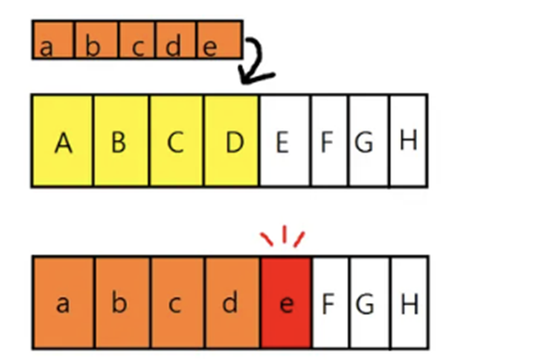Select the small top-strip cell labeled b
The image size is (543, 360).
click(x=95, y=40)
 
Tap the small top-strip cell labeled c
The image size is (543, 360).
click(x=136, y=40)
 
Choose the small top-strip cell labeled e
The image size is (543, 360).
click(x=219, y=40)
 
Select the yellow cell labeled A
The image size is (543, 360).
click(x=62, y=141)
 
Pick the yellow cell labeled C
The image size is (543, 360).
click(x=176, y=141)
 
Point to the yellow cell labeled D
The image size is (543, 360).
click(x=231, y=141)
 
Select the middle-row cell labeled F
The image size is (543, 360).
click(x=330, y=141)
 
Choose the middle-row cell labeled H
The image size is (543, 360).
click(x=409, y=141)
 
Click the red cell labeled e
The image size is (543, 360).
click(x=286, y=303)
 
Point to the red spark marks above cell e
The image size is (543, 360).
click(x=284, y=237)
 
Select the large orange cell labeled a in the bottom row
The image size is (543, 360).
click(x=64, y=303)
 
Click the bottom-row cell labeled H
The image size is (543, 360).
click(x=409, y=303)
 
